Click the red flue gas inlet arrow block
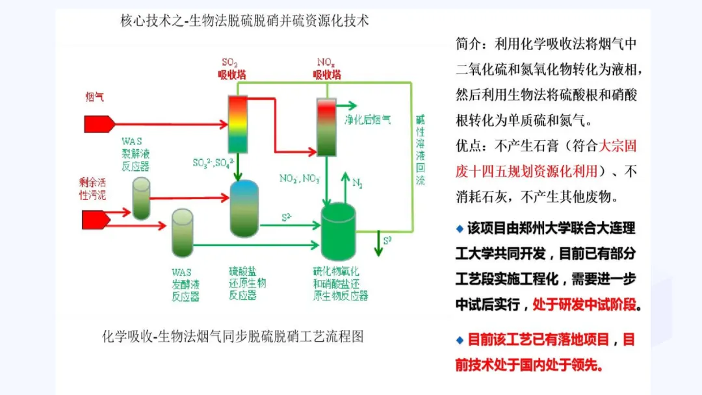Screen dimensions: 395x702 [x=98, y=123]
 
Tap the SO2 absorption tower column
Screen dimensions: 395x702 [x=238, y=123]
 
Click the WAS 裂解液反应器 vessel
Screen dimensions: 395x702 [x=142, y=198]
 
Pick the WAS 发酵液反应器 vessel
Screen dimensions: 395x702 [x=183, y=232]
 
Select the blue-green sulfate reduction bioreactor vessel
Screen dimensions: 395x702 [x=244, y=208]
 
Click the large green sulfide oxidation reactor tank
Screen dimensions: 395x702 [x=339, y=230]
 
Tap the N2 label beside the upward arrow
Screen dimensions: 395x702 [x=357, y=183]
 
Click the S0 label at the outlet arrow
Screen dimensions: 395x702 [x=387, y=241]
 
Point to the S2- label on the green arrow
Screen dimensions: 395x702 [x=287, y=216]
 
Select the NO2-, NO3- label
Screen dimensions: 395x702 [x=300, y=177]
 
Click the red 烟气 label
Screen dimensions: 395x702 [x=94, y=97]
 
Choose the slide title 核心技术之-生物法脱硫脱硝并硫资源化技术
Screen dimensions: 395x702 [x=244, y=21]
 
